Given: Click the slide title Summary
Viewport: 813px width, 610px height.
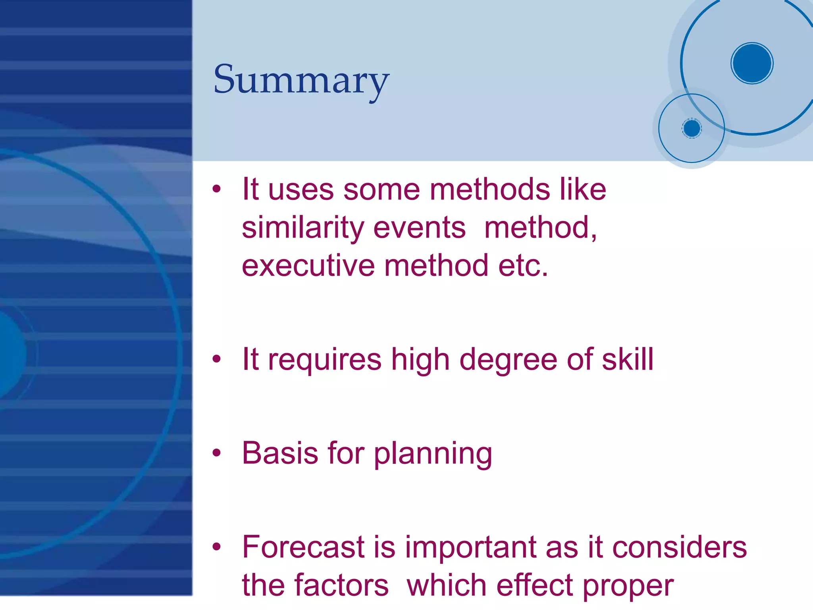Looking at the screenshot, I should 301,81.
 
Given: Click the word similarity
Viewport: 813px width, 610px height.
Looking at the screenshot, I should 303,228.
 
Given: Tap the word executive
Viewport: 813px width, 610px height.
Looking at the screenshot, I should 308,266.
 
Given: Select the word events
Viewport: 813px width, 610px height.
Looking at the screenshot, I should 420,228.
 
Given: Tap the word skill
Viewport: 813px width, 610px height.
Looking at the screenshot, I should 627,359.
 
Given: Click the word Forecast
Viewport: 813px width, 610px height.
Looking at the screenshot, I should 303,547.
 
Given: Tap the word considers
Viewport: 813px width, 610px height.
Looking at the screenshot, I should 679,547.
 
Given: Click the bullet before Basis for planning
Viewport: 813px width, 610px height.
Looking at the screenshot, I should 216,453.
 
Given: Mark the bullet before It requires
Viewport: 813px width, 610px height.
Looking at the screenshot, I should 216,359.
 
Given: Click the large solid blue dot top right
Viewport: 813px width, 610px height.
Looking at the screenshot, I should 752,63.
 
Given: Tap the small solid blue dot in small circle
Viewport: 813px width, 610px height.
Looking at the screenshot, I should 692,128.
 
